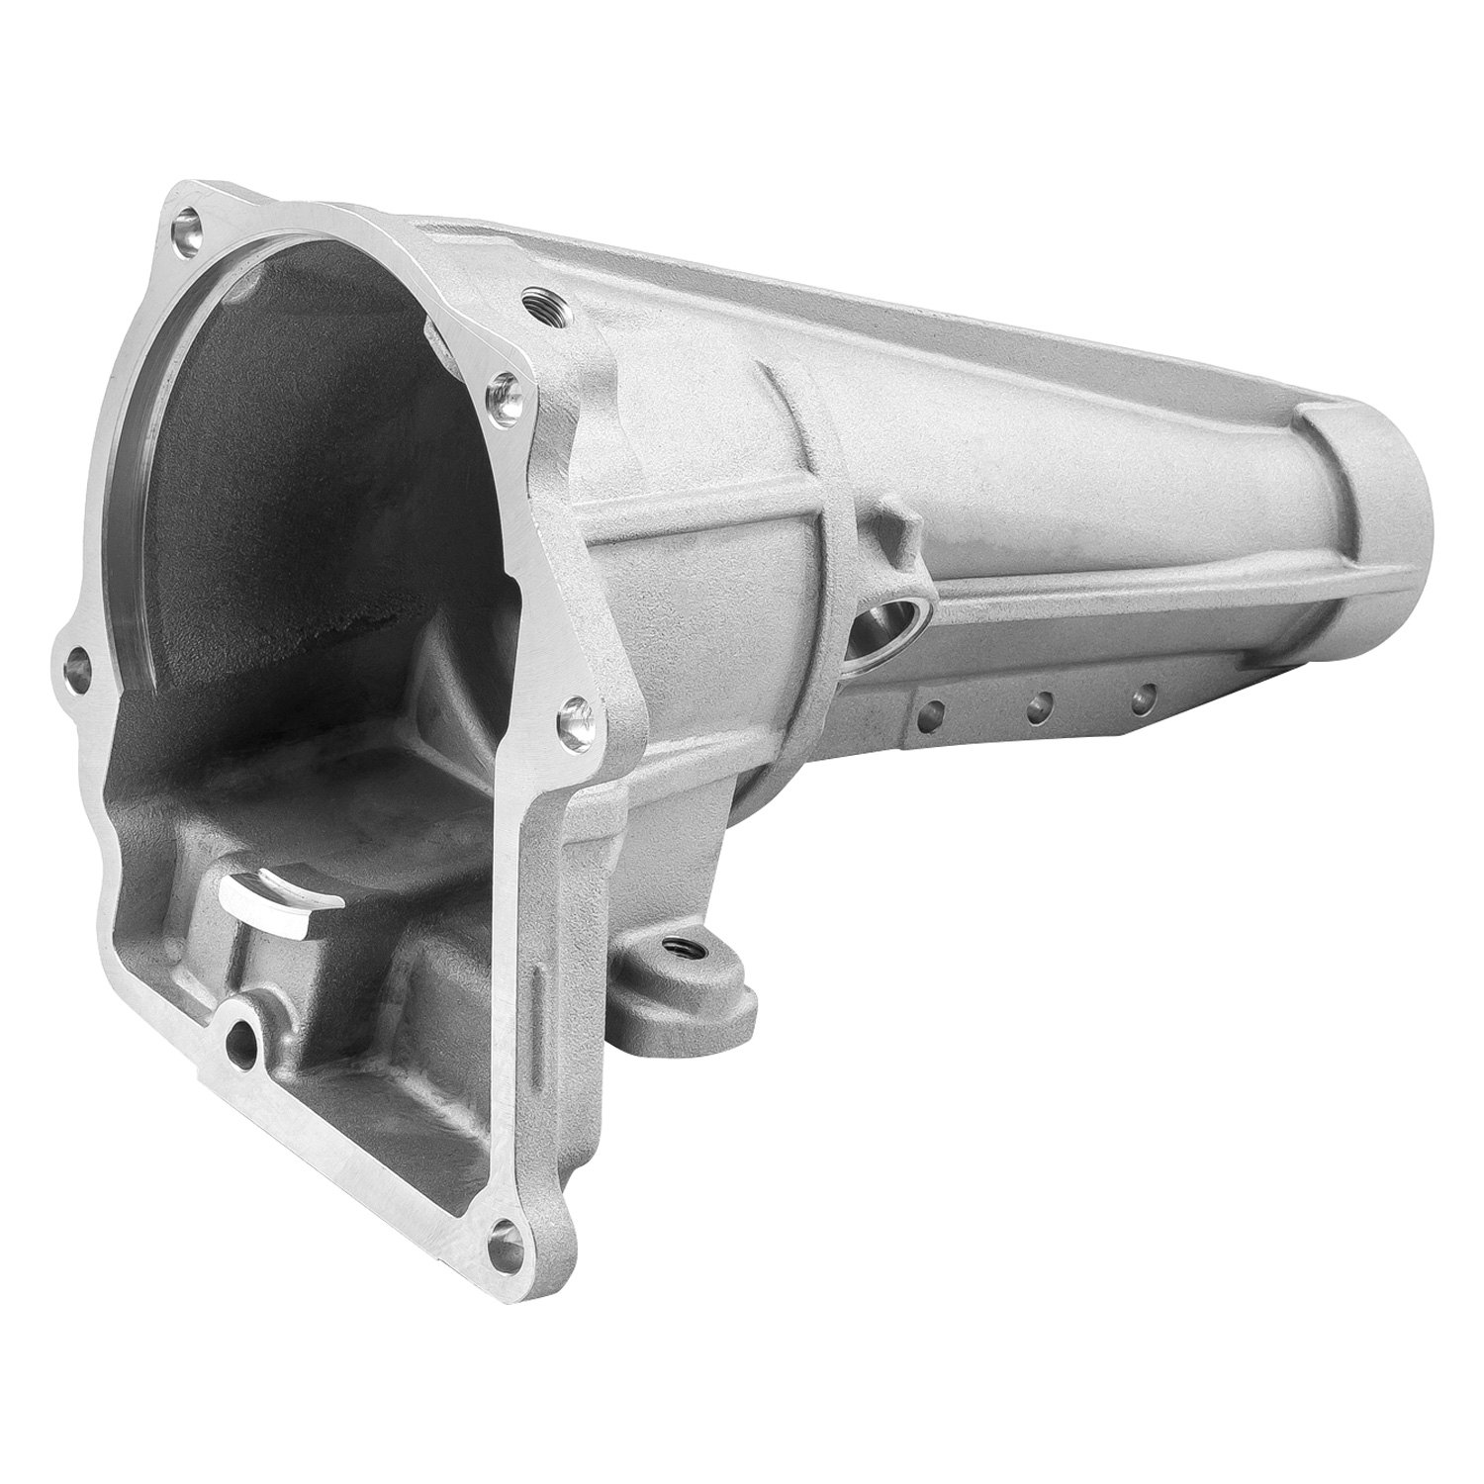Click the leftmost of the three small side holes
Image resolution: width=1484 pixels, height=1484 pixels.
[x=932, y=709]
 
